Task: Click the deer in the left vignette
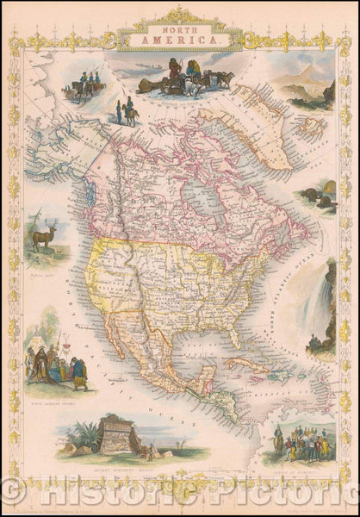tap(42, 234)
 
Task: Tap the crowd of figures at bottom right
tap(301, 444)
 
